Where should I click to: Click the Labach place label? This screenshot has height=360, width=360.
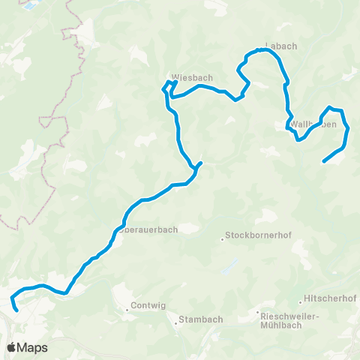coord(281,46)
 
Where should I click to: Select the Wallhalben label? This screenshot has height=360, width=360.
coord(313,124)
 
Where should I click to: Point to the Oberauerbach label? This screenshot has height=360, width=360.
coord(148,230)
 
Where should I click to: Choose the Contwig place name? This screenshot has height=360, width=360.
coord(147,306)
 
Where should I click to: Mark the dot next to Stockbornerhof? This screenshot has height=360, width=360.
coord(223,239)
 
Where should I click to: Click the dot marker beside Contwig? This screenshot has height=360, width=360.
coord(127,307)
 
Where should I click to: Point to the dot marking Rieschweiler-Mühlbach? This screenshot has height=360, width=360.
coord(257,313)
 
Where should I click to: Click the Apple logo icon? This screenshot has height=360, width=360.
coord(13,347)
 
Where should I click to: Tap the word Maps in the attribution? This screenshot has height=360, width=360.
coord(33,347)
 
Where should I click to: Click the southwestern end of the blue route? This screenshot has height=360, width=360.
coord(16,308)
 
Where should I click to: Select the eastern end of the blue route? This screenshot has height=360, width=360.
coord(323,161)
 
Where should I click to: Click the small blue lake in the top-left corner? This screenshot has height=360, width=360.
coord(29,6)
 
